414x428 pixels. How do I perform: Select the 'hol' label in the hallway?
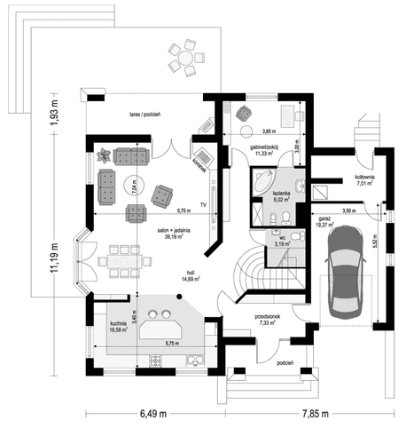pyautogui.click(x=190, y=273)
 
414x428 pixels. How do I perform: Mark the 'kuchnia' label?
pyautogui.click(x=118, y=324)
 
